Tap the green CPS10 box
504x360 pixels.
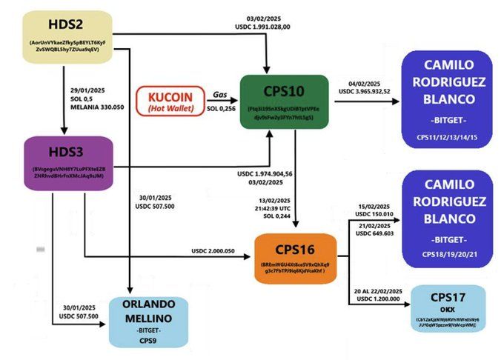point(284,102)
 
